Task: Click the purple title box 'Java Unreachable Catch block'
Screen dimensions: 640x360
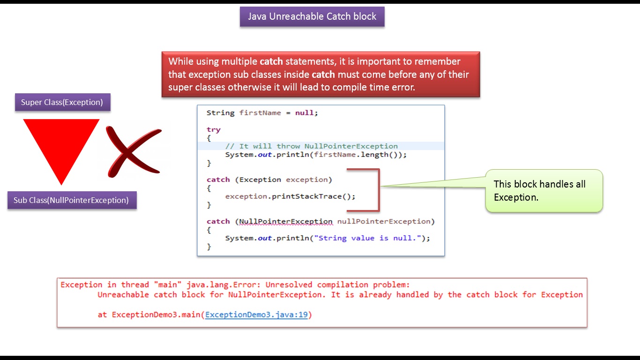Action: pyautogui.click(x=312, y=17)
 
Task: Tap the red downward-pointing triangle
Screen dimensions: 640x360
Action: pyautogui.click(x=61, y=145)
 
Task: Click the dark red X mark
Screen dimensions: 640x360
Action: pyautogui.click(x=134, y=151)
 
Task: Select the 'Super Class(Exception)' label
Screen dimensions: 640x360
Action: pyautogui.click(x=62, y=102)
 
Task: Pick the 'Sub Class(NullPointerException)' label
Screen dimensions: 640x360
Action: pyautogui.click(x=71, y=200)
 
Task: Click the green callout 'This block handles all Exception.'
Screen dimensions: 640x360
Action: pyautogui.click(x=543, y=191)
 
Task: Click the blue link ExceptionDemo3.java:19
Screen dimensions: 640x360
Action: pyautogui.click(x=256, y=315)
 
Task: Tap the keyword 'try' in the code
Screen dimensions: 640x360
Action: pyautogui.click(x=213, y=129)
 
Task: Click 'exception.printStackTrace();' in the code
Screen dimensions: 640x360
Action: pyautogui.click(x=290, y=196)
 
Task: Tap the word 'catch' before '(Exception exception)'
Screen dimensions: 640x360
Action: pyautogui.click(x=218, y=180)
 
